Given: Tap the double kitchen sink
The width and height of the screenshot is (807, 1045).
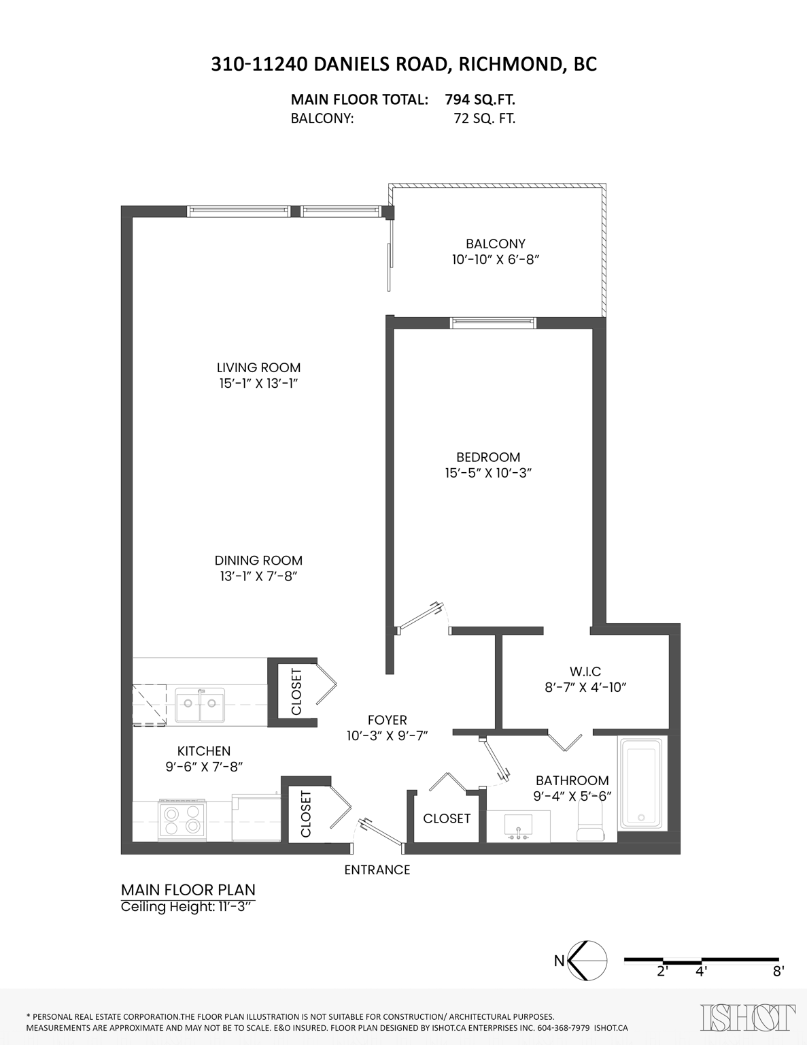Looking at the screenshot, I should (200, 705).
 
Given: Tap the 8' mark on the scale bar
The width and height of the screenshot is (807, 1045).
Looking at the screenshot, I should (778, 972).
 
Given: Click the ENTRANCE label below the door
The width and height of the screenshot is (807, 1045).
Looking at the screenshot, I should (377, 870).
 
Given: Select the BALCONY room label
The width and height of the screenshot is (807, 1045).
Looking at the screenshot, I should (495, 244).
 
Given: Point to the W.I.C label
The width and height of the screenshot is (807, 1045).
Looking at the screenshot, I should (585, 671).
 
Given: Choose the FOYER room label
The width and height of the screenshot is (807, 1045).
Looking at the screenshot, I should (387, 720).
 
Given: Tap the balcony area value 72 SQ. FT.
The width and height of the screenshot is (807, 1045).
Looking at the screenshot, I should (484, 118).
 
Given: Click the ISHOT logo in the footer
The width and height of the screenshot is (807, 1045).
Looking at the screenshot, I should (747, 1017).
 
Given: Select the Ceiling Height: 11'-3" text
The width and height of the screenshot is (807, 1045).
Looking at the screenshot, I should (189, 907).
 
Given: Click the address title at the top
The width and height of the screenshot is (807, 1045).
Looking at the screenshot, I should (404, 64).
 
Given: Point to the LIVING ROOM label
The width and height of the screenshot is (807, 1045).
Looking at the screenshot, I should (258, 367).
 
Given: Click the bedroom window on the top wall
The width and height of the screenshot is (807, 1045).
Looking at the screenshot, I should (493, 323).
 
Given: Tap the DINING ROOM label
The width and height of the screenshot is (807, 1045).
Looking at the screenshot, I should (258, 561).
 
